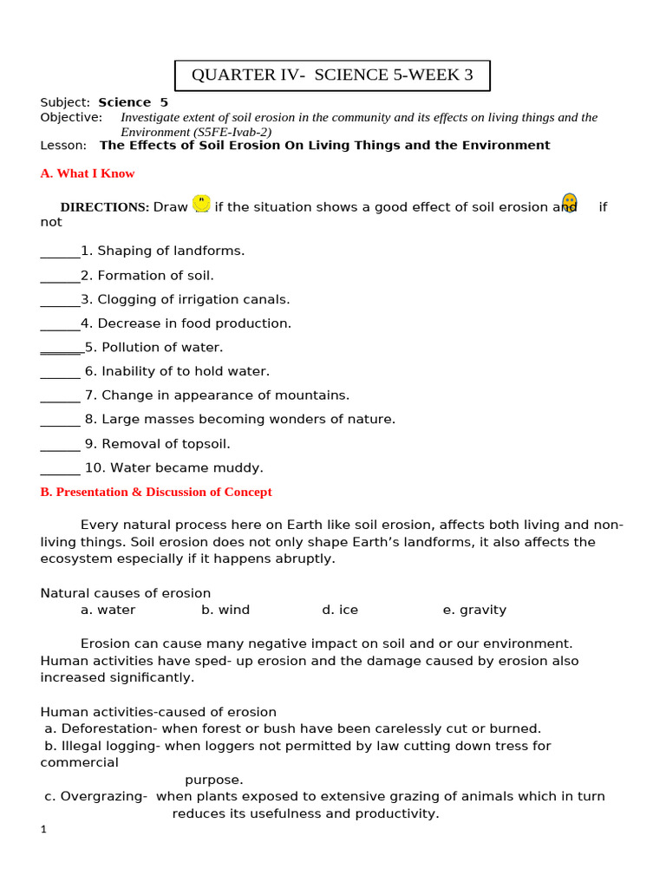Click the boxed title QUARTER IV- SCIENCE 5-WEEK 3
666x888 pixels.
pyautogui.click(x=332, y=75)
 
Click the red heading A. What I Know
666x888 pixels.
pyautogui.click(x=88, y=173)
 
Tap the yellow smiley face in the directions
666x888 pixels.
pyautogui.click(x=201, y=204)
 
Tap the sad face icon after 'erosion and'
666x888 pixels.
pyautogui.click(x=569, y=204)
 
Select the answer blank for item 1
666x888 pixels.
pyautogui.click(x=60, y=251)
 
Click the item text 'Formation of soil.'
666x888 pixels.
pyautogui.click(x=155, y=276)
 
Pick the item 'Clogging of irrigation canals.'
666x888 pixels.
pyautogui.click(x=193, y=299)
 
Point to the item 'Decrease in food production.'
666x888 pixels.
pyautogui.click(x=194, y=323)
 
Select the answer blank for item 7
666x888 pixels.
pyautogui.click(x=60, y=396)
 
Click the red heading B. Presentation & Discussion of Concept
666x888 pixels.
pyautogui.click(x=156, y=492)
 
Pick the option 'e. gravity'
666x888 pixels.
pyautogui.click(x=474, y=610)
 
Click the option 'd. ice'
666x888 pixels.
pyautogui.click(x=340, y=610)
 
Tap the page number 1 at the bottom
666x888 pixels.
pyautogui.click(x=43, y=830)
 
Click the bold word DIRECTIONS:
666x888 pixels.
pyautogui.click(x=104, y=207)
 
